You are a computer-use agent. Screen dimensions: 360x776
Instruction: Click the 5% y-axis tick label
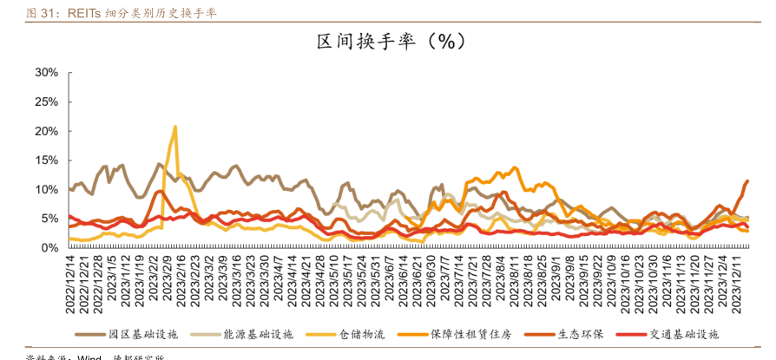click(49, 219)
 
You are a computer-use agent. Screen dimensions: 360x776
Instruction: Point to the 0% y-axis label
click(49, 248)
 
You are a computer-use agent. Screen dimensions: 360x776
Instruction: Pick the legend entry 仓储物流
click(361, 334)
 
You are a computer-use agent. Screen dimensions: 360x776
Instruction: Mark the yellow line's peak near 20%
click(175, 127)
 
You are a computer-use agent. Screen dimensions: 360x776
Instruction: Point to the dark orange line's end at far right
click(747, 181)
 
